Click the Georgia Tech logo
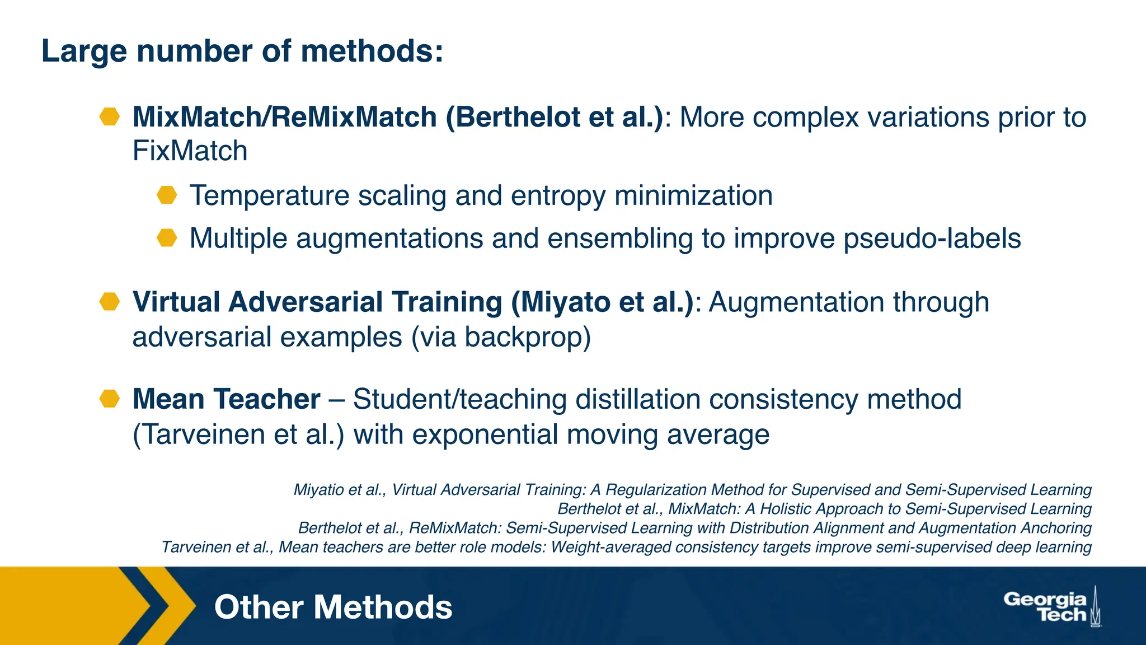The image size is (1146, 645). [x=1052, y=607]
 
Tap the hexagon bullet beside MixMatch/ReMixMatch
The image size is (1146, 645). [x=110, y=117]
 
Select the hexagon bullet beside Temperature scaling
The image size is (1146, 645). [x=167, y=195]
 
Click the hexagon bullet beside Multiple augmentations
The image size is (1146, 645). [x=167, y=238]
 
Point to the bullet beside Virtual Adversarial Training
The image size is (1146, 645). [x=110, y=302]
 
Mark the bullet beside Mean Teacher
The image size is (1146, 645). [x=110, y=399]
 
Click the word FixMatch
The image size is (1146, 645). [x=190, y=151]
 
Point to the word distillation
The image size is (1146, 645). [x=638, y=400]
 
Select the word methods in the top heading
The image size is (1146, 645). [x=367, y=51]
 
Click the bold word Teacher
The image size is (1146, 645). [x=266, y=399]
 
